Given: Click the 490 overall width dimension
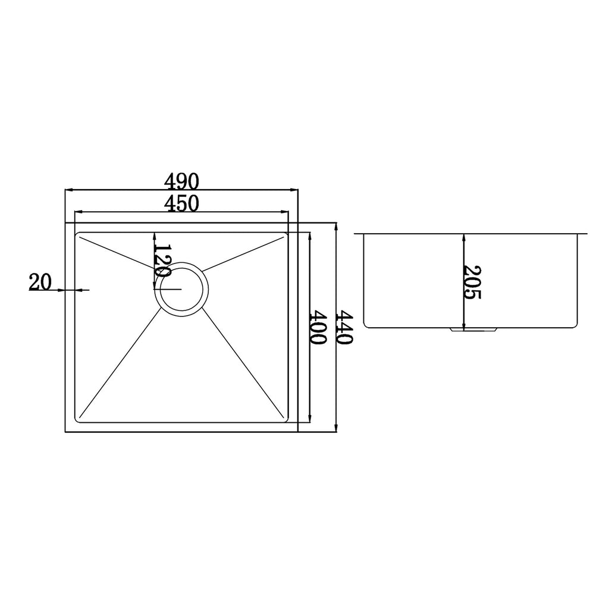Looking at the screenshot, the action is pyautogui.click(x=181, y=181).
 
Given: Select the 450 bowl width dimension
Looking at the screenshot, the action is pyautogui.click(x=181, y=203).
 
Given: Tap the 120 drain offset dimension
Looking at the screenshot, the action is pyautogui.click(x=162, y=260).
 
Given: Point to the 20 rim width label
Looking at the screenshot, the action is pyautogui.click(x=40, y=282).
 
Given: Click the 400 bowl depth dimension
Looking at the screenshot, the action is pyautogui.click(x=319, y=327).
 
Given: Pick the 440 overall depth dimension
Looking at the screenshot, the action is pyautogui.click(x=344, y=327).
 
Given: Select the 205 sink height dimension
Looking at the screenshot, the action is pyautogui.click(x=472, y=282).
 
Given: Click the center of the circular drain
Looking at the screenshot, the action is pyautogui.click(x=181, y=290).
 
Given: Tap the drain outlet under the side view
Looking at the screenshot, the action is pyautogui.click(x=473, y=329).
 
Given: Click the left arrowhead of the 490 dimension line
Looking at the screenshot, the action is pyautogui.click(x=68, y=190).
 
